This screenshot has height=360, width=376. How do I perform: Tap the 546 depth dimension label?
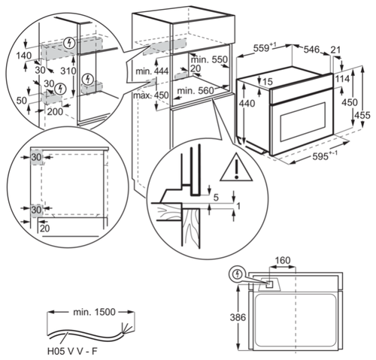(314, 49)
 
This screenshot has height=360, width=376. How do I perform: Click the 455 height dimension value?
(363, 114)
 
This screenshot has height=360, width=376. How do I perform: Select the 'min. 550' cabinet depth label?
(209, 59)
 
